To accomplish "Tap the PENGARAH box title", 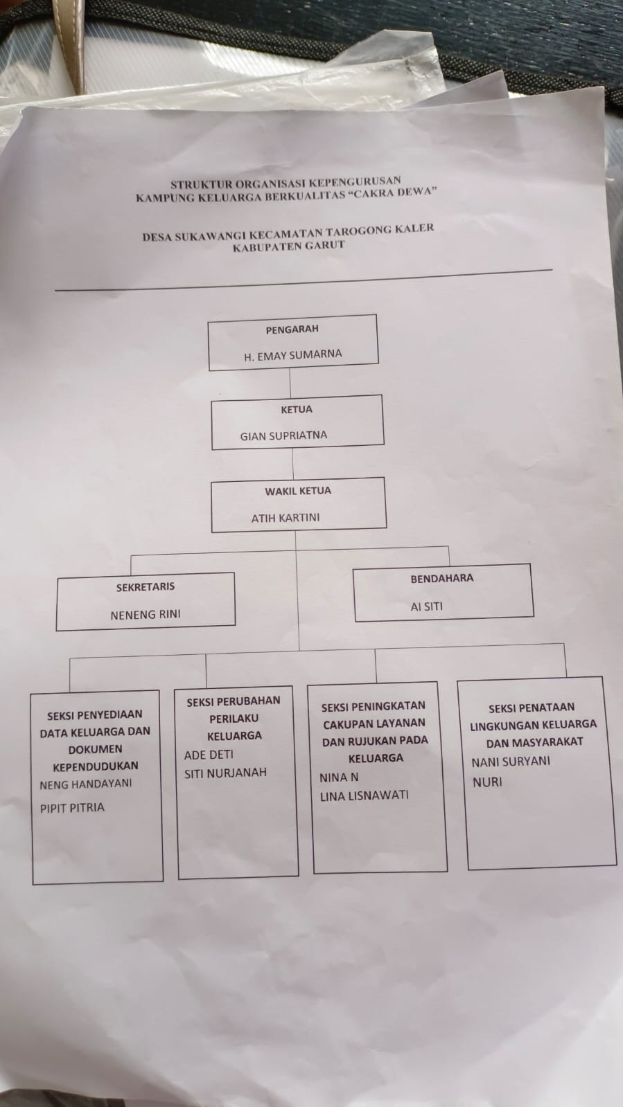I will (292, 330).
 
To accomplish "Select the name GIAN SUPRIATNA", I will (283, 436).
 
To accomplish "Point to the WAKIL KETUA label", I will (298, 491).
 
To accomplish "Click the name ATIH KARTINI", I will (286, 517).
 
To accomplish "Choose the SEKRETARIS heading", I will (146, 587).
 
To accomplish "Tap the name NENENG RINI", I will (146, 614).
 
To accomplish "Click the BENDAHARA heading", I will (442, 578).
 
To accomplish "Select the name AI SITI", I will (426, 606).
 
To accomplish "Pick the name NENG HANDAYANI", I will (86, 784).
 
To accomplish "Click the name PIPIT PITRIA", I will (72, 807).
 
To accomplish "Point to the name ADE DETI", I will (209, 755).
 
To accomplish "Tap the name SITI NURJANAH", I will (225, 773).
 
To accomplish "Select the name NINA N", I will (339, 777).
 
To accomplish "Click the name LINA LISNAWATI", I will (364, 796).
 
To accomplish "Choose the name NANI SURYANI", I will (511, 762).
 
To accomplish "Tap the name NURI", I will (486, 782).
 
